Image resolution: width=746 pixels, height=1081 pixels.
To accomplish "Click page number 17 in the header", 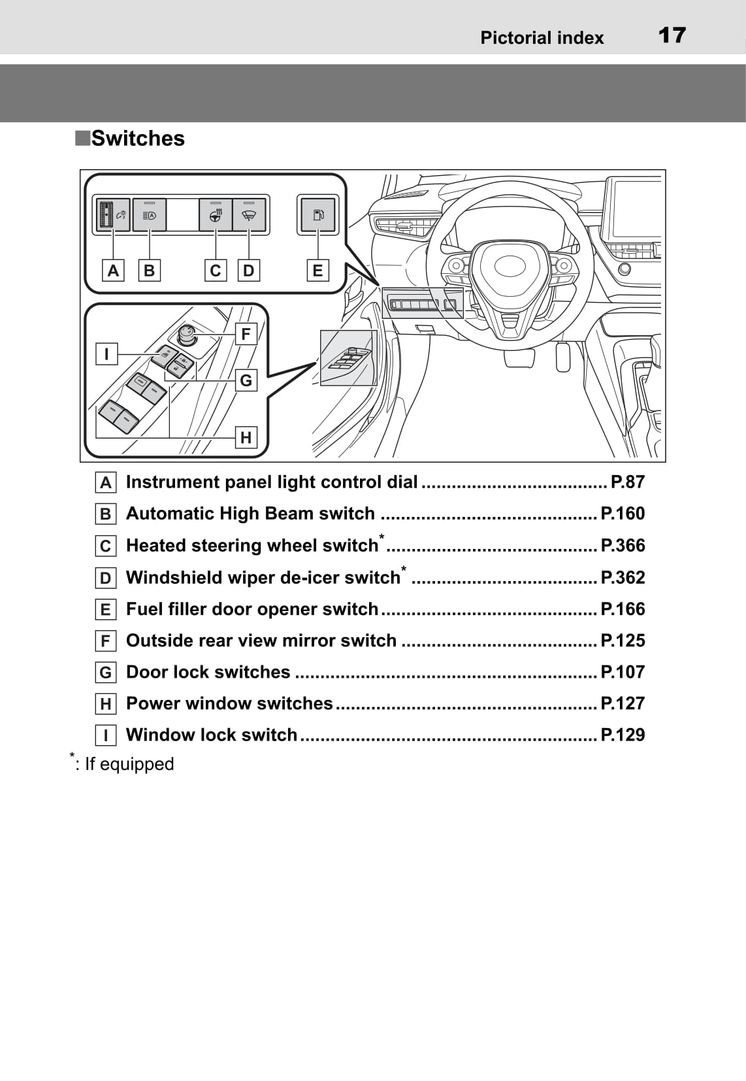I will click(x=672, y=35).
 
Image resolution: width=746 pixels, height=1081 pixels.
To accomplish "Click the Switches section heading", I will click(x=137, y=139).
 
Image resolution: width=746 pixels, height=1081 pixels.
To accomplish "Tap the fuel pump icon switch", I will click(x=317, y=214).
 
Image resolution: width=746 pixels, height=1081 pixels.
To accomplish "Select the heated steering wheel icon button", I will click(x=216, y=214).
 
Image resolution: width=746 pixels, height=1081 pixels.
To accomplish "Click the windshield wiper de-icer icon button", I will click(x=249, y=214).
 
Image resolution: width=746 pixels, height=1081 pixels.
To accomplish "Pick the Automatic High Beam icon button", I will click(x=150, y=214).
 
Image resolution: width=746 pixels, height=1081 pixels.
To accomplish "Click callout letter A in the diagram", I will click(x=113, y=271).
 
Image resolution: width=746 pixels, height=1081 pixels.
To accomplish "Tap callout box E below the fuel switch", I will click(x=317, y=271).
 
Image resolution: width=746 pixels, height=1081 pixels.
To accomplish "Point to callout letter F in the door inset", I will click(x=246, y=334).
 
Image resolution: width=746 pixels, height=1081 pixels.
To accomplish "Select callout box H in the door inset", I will click(x=246, y=437).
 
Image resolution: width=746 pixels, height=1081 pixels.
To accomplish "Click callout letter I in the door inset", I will click(x=106, y=354).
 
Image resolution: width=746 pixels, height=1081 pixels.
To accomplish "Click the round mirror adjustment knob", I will click(x=187, y=334).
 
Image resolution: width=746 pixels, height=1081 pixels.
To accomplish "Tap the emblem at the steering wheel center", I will click(x=510, y=265).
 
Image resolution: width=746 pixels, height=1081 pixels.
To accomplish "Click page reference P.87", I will click(x=627, y=482).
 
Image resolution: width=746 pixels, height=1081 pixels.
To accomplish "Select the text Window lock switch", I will click(x=212, y=735).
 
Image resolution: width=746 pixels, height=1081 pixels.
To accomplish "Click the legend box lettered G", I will click(x=105, y=673).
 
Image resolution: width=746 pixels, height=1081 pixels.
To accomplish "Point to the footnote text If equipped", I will click(x=129, y=764).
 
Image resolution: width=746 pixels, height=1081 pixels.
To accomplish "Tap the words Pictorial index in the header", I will click(x=542, y=38).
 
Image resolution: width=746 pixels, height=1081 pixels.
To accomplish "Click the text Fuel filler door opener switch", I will click(x=252, y=609).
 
